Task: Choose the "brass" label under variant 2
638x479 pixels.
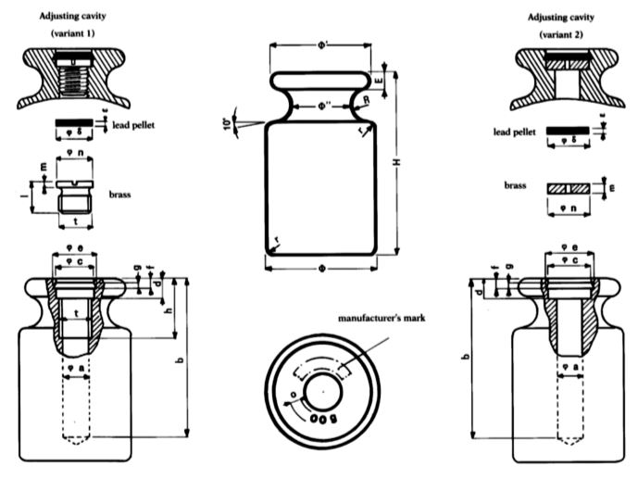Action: pos(515,185)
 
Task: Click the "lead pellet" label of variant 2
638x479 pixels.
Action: pos(515,132)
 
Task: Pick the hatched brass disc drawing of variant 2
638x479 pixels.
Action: pos(570,187)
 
